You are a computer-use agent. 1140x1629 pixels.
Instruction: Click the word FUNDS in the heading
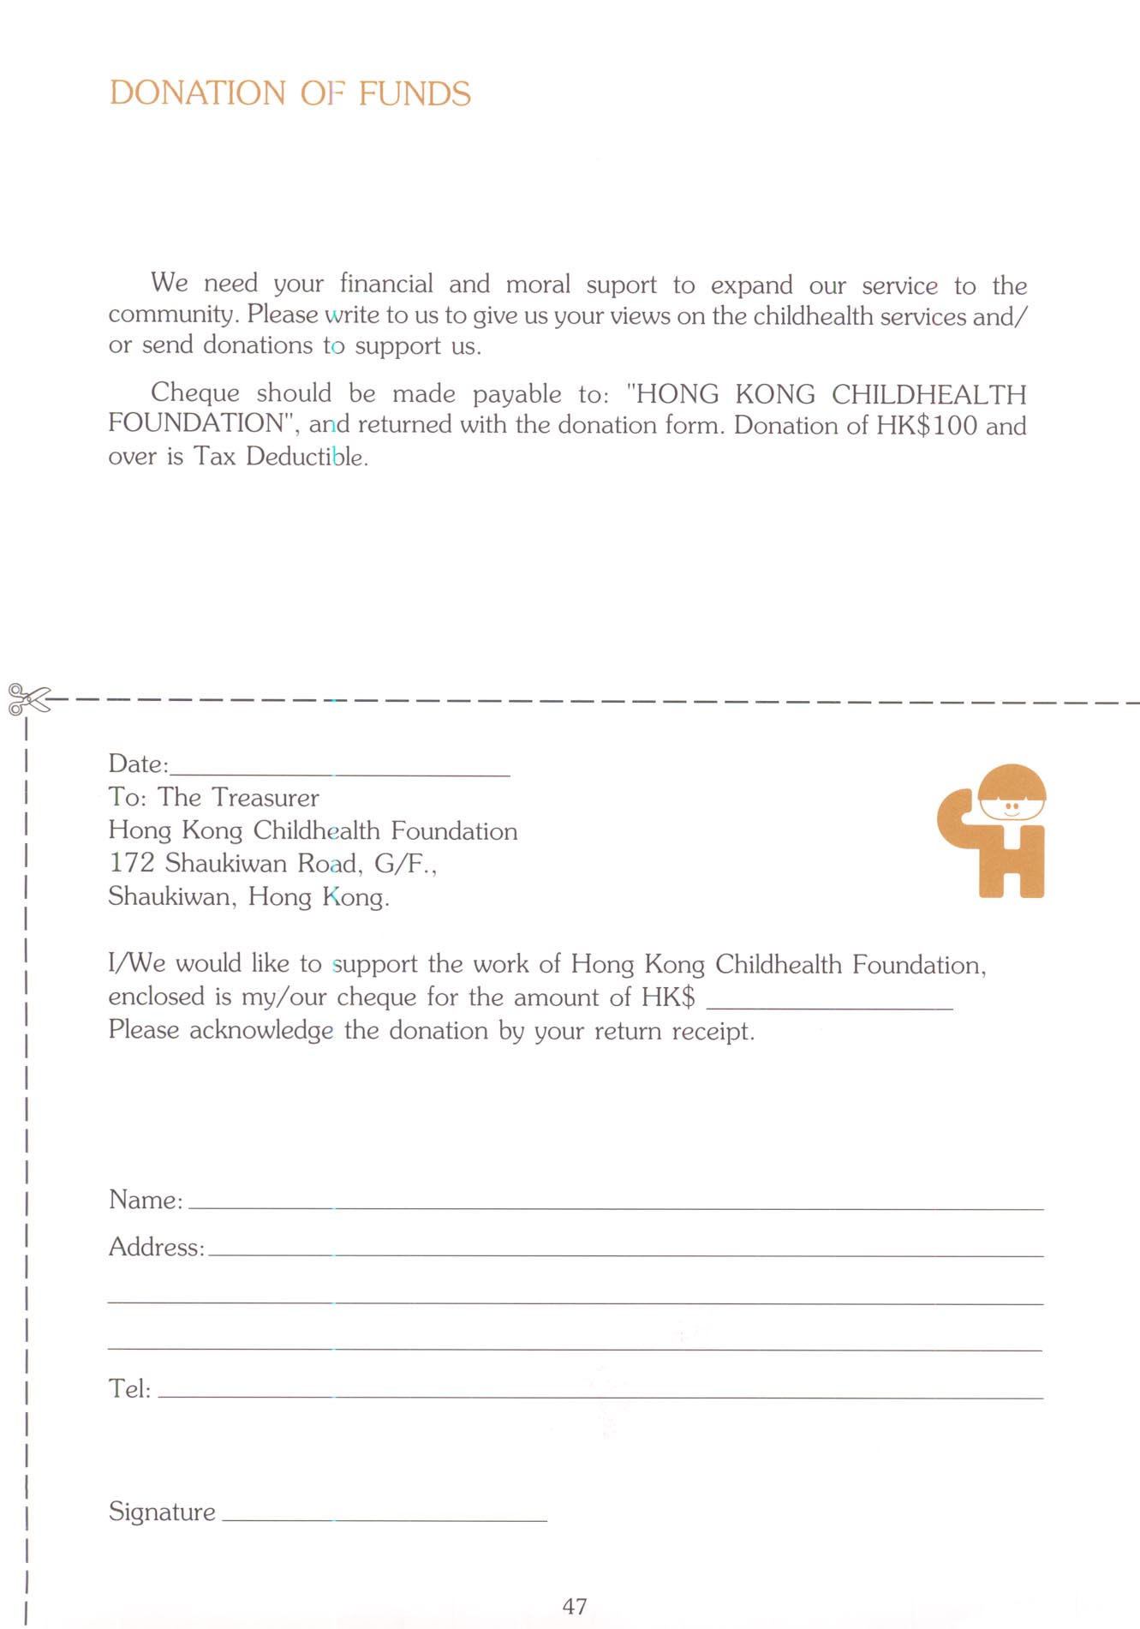(415, 93)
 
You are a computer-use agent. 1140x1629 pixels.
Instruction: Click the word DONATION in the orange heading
(198, 93)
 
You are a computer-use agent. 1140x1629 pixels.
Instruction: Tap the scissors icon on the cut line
(27, 698)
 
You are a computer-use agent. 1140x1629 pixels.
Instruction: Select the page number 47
(575, 1606)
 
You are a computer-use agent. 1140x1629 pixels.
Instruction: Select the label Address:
(157, 1247)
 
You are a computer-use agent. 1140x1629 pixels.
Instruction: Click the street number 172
(131, 863)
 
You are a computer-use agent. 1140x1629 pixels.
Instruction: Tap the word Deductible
(307, 456)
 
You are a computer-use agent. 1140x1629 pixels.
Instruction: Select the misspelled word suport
(621, 284)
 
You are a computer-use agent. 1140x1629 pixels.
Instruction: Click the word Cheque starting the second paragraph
(195, 392)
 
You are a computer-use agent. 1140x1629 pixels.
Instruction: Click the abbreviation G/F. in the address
(404, 864)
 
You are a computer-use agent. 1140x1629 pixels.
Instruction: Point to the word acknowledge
(261, 1030)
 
